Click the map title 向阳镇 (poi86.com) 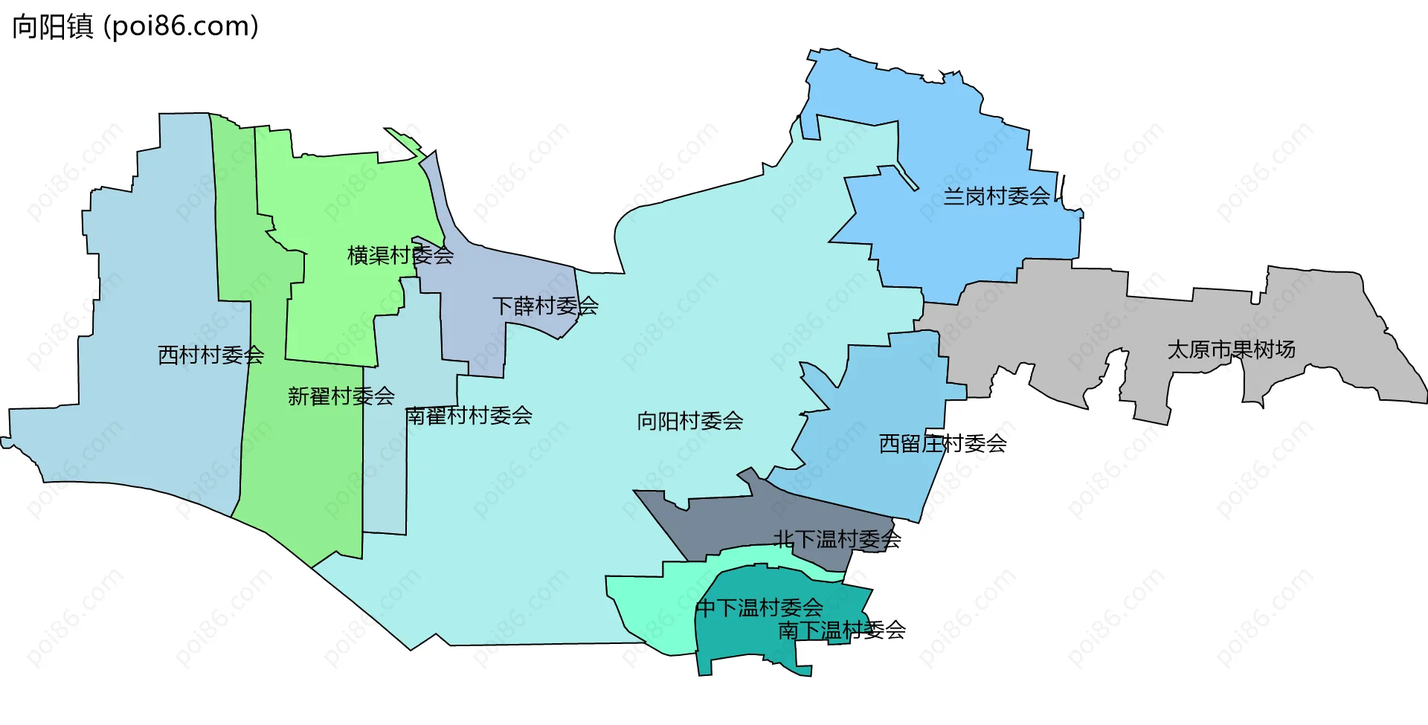pyautogui.click(x=135, y=27)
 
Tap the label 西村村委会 pyautogui.click(x=210, y=355)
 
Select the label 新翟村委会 pyautogui.click(x=341, y=396)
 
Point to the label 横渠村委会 pyautogui.click(x=400, y=256)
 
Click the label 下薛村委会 pyautogui.click(x=545, y=306)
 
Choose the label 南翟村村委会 pyautogui.click(x=469, y=416)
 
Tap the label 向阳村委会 pyautogui.click(x=689, y=422)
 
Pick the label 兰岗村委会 pyautogui.click(x=997, y=196)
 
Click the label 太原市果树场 pyautogui.click(x=1231, y=349)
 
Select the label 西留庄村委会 pyautogui.click(x=942, y=444)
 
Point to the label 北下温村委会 pyautogui.click(x=837, y=539)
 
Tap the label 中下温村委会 pyautogui.click(x=759, y=608)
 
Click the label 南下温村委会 pyautogui.click(x=841, y=631)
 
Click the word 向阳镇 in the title pyautogui.click(x=52, y=27)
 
